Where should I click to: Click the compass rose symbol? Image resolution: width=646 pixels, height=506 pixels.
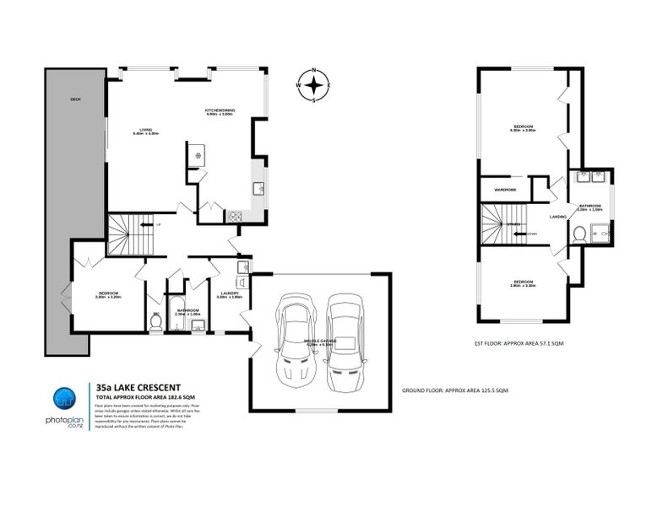click(x=314, y=84)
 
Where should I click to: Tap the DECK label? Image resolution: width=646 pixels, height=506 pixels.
click(x=76, y=100)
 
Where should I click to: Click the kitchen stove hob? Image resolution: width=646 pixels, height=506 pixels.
click(x=234, y=216)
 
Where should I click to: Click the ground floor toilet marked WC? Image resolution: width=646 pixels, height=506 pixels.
click(x=155, y=320)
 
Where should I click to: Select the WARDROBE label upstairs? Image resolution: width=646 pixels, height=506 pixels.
click(x=505, y=189)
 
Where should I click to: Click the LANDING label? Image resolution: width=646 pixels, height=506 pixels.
click(x=557, y=217)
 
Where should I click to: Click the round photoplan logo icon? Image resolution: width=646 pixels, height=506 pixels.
click(x=66, y=401)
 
